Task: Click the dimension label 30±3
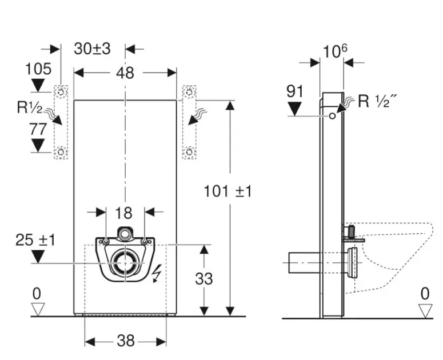click(92, 49)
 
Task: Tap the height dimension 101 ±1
click(228, 191)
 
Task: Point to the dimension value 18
click(124, 213)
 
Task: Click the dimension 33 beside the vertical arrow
click(204, 278)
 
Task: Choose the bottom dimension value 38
click(125, 341)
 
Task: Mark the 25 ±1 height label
click(35, 240)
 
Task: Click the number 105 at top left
click(38, 69)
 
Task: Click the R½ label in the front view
click(29, 107)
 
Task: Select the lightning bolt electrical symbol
click(155, 275)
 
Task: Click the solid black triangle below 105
click(38, 86)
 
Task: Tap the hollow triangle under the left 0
click(38, 309)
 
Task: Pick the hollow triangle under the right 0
click(425, 310)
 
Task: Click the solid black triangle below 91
click(296, 108)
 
